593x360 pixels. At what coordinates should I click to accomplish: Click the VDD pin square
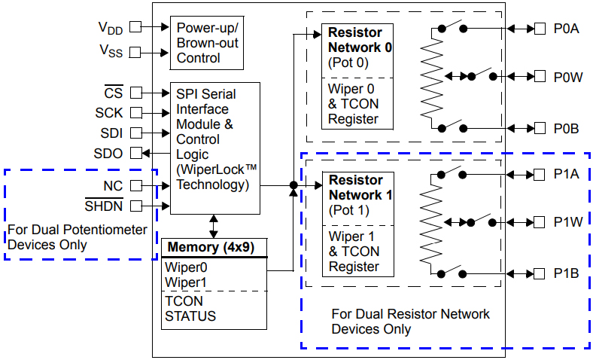click(x=135, y=26)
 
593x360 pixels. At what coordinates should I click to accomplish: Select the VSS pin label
click(x=110, y=52)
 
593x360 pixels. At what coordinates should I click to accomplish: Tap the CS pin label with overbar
click(x=113, y=93)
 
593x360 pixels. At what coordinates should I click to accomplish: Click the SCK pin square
click(x=135, y=113)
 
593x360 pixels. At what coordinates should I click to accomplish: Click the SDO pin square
click(x=135, y=153)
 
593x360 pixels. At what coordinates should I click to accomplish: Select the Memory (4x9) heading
click(x=214, y=247)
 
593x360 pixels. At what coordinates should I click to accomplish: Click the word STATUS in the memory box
click(x=190, y=316)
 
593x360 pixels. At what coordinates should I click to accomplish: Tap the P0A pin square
click(x=540, y=29)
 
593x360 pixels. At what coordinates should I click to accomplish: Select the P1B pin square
click(x=540, y=273)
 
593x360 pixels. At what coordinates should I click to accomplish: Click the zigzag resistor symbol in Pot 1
click(x=430, y=224)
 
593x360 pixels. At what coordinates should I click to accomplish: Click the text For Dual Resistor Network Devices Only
click(x=410, y=321)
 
